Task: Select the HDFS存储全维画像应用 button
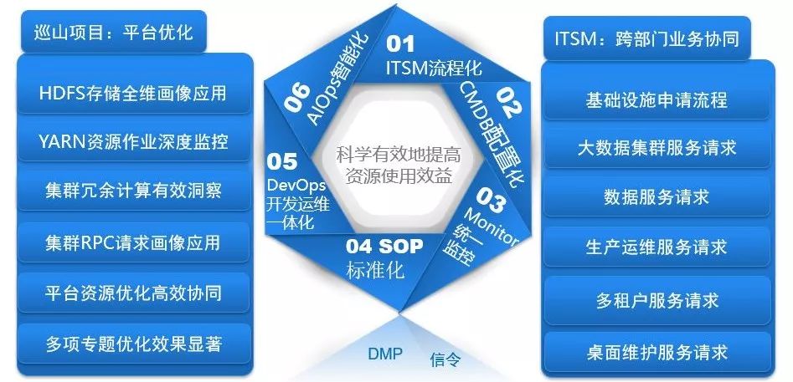(133, 92)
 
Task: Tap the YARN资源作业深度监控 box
(133, 141)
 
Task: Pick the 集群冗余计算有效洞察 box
(133, 191)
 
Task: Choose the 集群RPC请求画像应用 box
(133, 242)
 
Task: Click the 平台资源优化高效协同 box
(133, 293)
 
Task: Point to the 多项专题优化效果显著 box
(133, 344)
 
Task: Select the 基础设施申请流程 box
(657, 100)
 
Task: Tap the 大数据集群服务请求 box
(657, 148)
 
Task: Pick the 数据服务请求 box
(657, 197)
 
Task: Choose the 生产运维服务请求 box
(657, 247)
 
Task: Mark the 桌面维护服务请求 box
(657, 351)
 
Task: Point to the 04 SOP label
(385, 247)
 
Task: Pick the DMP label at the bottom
(385, 354)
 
